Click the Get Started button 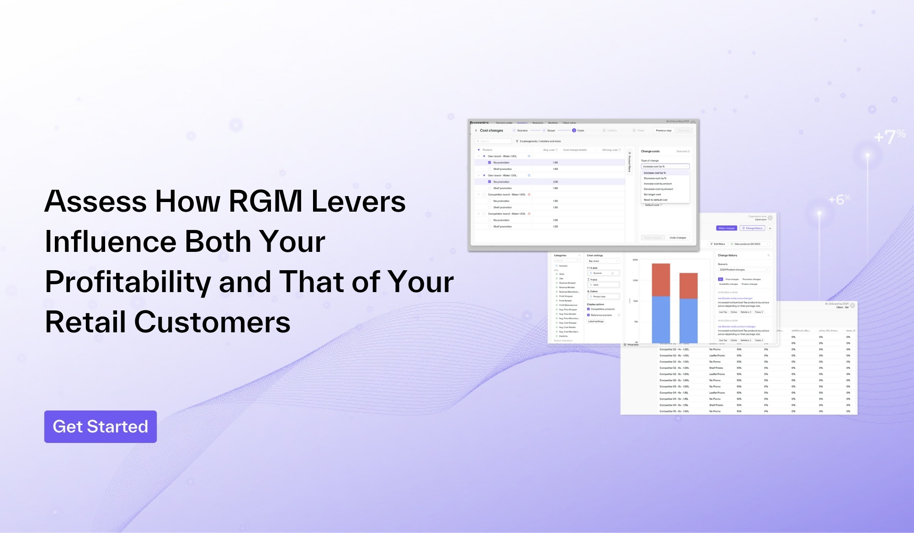tap(101, 426)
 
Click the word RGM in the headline tap(266, 201)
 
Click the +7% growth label tap(889, 136)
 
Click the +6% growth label tap(839, 200)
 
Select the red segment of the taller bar tap(661, 280)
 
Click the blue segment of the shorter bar tap(688, 320)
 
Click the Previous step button tap(664, 131)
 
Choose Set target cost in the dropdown tap(652, 194)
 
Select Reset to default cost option tap(655, 200)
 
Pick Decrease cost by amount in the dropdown tap(658, 189)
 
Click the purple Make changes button tap(726, 228)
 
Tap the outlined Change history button tap(752, 228)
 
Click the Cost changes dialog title tap(491, 131)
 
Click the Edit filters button tap(717, 244)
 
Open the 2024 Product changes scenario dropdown tap(744, 270)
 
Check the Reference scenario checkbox tap(588, 315)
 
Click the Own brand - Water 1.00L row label tap(502, 156)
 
